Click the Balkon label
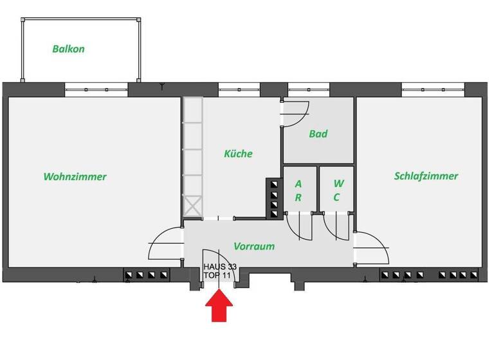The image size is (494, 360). click(68, 49)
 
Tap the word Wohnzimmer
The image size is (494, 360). click(75, 177)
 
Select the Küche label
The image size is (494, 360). click(238, 154)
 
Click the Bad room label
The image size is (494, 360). click(318, 134)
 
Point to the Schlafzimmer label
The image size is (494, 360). click(426, 176)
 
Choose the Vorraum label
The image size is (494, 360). click(254, 246)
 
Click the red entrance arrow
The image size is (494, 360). click(219, 305)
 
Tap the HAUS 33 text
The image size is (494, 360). click(219, 266)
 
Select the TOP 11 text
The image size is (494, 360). click(217, 275)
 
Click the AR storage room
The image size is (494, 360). click(298, 191)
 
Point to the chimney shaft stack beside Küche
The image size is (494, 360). click(274, 199)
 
